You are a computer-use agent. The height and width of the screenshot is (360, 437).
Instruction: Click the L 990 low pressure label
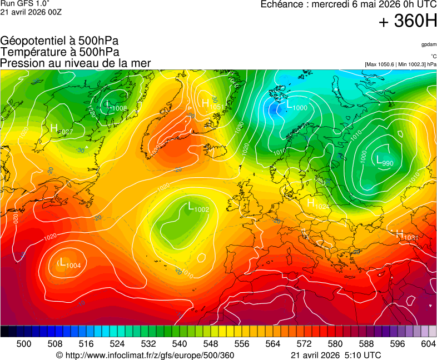pyautogui.click(x=385, y=162)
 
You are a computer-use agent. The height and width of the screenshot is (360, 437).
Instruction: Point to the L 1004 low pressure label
pyautogui.click(x=70, y=263)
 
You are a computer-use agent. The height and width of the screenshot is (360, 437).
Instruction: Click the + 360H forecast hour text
pyautogui.click(x=408, y=22)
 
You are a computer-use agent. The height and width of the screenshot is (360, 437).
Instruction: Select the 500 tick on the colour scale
pyautogui.click(x=24, y=344)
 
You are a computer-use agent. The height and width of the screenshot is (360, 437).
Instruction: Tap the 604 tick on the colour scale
pyautogui.click(x=428, y=344)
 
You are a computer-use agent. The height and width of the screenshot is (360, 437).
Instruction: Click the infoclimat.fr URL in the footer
pyautogui.click(x=146, y=355)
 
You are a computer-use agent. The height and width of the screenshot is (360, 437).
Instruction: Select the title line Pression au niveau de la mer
pyautogui.click(x=76, y=63)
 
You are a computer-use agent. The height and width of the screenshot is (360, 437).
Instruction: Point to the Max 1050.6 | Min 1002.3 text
pyautogui.click(x=400, y=64)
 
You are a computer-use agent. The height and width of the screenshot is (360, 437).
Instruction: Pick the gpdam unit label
pyautogui.click(x=429, y=44)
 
